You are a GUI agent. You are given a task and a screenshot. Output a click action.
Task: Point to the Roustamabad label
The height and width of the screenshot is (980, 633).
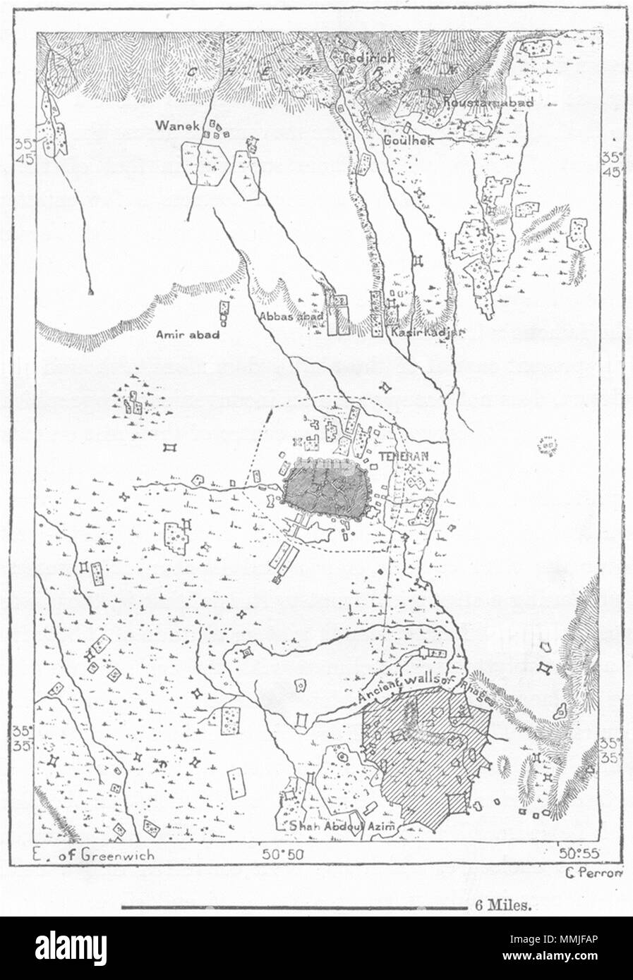pos(487,103)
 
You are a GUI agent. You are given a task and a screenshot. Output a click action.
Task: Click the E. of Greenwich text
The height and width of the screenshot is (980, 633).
pos(94,855)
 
